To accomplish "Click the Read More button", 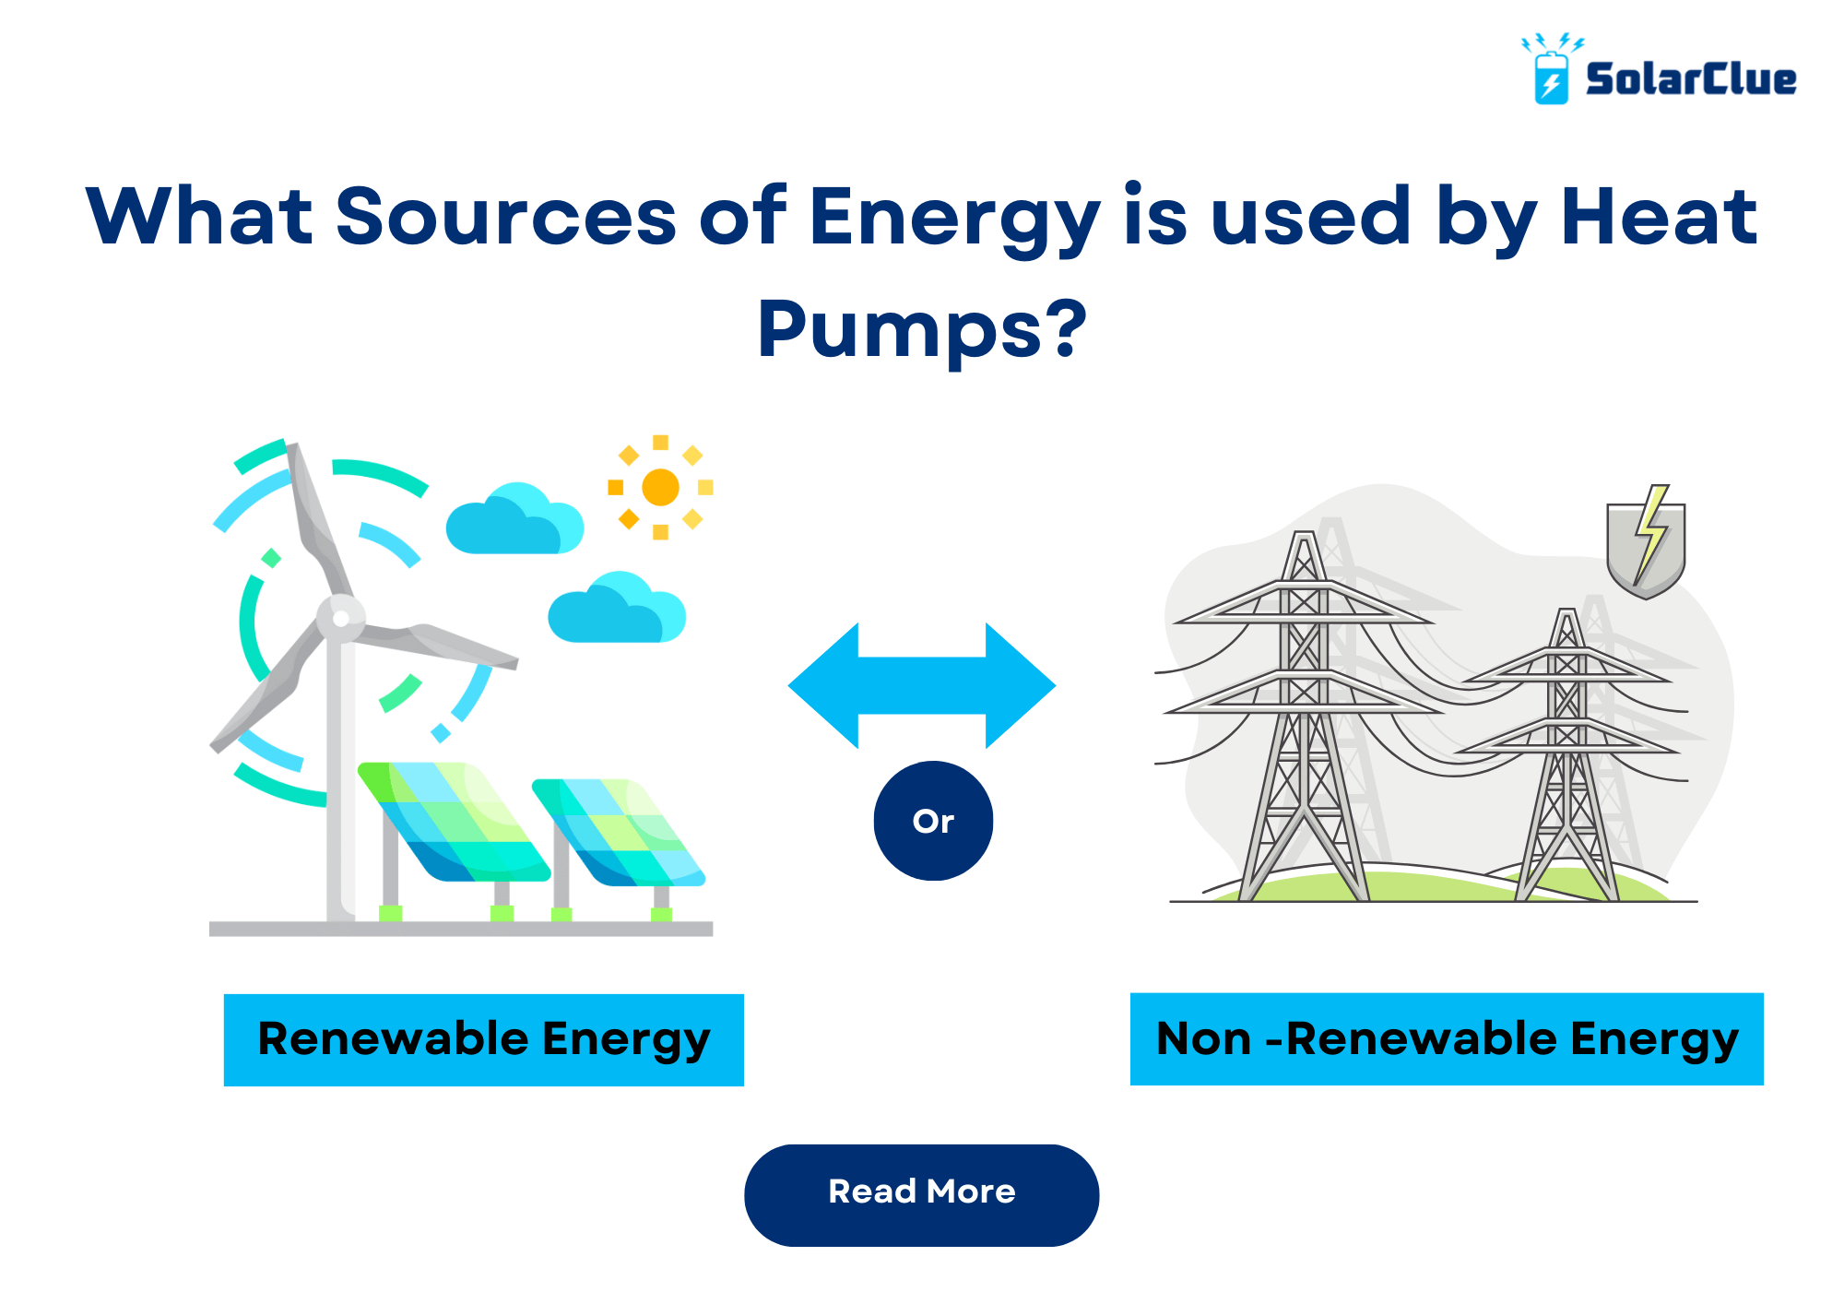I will coord(921,1194).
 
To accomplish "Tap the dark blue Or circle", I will coord(933,821).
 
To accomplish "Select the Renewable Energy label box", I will coord(483,1039).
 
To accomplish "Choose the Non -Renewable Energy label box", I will coord(1446,1039).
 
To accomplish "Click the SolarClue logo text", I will coord(1690,79).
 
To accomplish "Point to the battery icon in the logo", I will coord(1551,77).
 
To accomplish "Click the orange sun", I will coord(660,487).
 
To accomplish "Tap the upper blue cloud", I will coord(514,520).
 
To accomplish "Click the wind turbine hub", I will coord(341,617).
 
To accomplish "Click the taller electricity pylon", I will coord(1304,719).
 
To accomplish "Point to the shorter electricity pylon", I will coord(1567,756).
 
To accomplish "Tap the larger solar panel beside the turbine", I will coord(452,821).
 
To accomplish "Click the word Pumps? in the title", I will coord(922,330).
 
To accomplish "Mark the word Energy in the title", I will coord(954,218).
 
